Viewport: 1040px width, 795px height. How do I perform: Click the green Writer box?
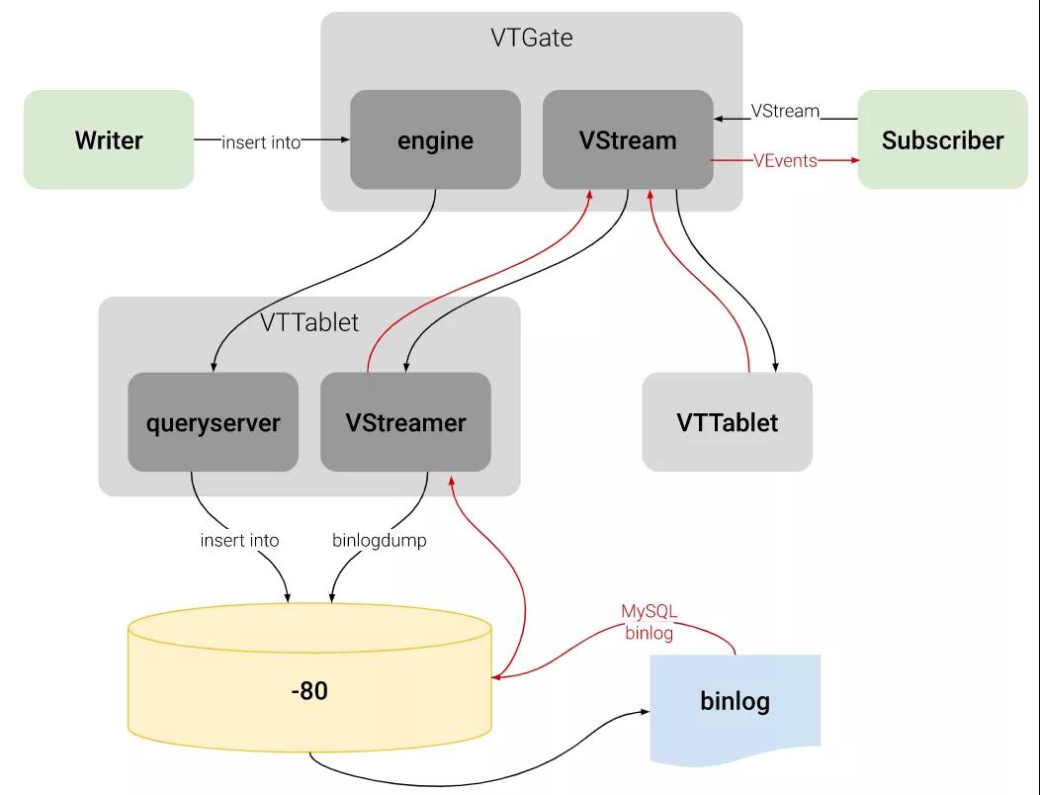109,140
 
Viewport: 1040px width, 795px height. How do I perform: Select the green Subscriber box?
942,140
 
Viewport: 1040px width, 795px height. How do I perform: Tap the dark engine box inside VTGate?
435,140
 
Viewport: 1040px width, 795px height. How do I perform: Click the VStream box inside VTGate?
628,140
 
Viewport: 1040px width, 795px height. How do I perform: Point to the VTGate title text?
532,39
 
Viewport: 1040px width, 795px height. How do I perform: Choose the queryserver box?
213,423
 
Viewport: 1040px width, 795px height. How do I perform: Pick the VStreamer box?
405,423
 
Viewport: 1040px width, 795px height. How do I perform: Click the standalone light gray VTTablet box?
727,423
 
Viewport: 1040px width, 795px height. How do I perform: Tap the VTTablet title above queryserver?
309,322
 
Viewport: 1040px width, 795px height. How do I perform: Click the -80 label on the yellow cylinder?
309,691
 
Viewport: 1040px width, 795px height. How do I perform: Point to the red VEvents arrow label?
785,160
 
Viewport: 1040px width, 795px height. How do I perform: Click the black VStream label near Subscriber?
785,111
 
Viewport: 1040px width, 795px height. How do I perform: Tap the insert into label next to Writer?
260,142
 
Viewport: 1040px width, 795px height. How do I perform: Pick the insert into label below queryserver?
239,541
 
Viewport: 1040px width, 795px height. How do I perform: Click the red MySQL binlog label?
649,622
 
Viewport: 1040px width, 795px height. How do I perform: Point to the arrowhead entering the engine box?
345,141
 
